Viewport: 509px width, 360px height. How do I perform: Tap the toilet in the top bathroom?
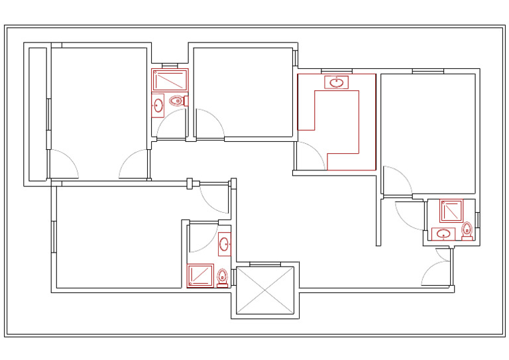tap(176, 101)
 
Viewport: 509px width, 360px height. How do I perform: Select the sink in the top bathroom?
tap(158, 105)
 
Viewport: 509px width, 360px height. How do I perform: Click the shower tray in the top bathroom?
tap(170, 81)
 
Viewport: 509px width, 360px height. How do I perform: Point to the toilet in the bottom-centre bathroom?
tap(223, 276)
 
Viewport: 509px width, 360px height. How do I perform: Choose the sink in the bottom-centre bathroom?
tap(224, 243)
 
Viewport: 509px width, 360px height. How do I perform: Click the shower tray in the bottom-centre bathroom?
tap(200, 275)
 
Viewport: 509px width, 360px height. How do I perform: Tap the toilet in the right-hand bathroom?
tap(467, 229)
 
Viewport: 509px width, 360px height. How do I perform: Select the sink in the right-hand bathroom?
tap(443, 233)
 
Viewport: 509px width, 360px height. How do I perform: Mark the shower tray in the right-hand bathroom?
tap(451, 210)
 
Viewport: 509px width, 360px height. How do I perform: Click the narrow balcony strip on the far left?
tap(37, 113)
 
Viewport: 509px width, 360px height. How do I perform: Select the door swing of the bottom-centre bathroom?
tap(203, 239)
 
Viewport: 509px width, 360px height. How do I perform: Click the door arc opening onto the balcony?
tap(64, 164)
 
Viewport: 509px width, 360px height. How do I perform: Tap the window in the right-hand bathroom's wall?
tap(477, 219)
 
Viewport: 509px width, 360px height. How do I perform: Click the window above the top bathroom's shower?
tap(170, 65)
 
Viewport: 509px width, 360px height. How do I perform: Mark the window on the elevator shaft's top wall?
tap(264, 264)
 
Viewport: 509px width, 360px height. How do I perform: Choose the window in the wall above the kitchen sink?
tap(336, 71)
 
